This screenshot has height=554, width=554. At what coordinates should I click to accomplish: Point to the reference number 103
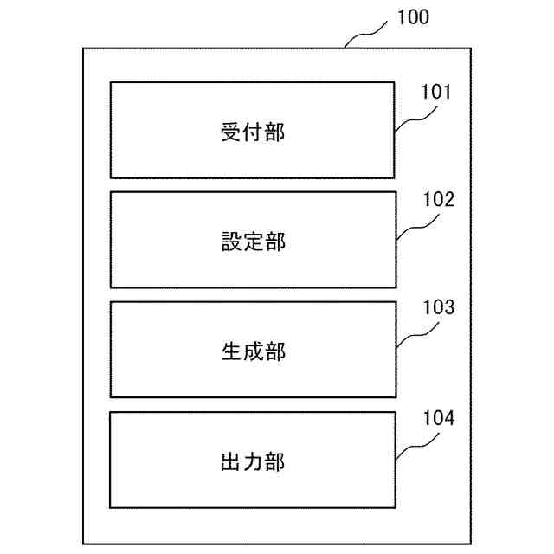(437, 308)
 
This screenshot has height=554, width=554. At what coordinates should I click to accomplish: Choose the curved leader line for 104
(414, 447)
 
